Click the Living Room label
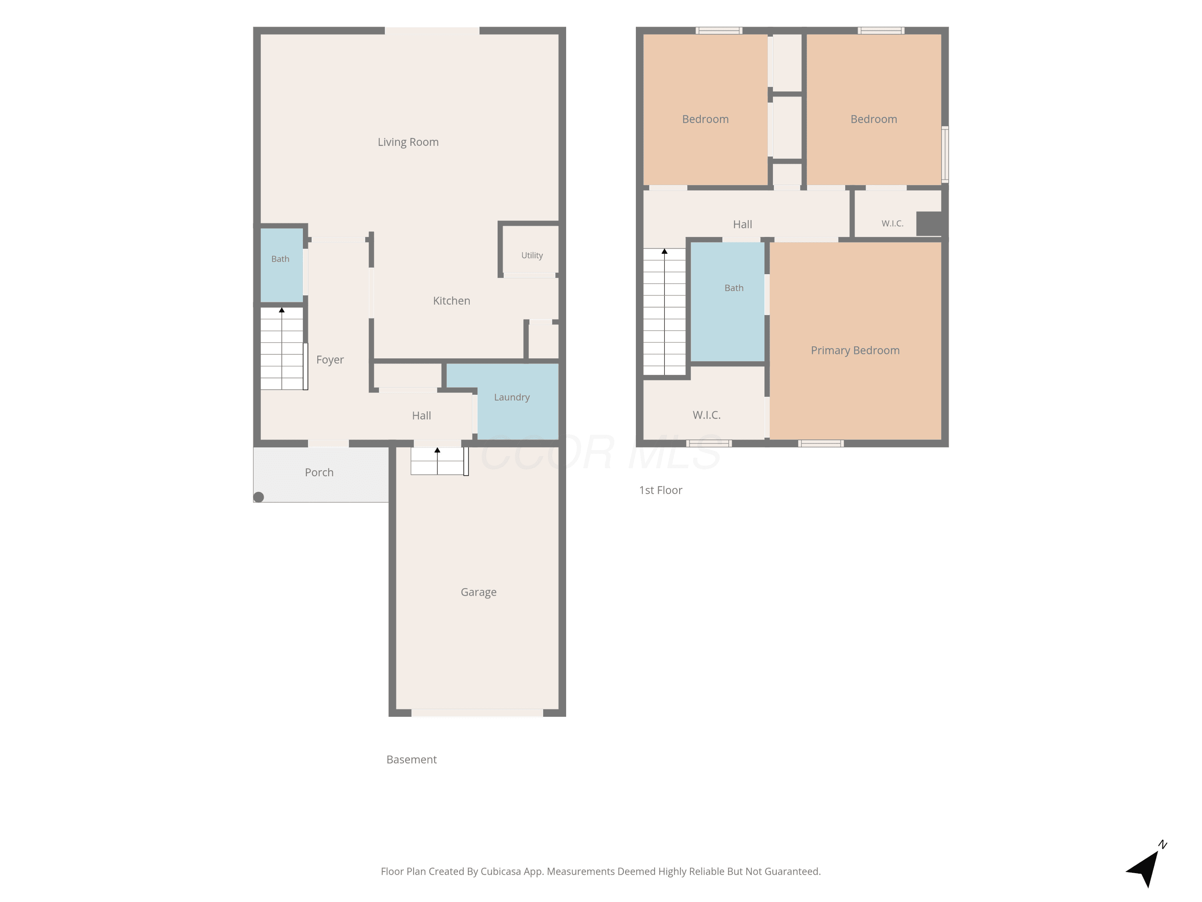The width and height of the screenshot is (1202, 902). point(408,142)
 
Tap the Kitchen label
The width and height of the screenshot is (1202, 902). point(452,301)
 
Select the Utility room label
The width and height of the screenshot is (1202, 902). point(532,255)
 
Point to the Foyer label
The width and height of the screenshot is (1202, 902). point(330,360)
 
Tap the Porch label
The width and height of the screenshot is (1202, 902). point(319,473)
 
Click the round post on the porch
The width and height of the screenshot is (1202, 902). point(259,497)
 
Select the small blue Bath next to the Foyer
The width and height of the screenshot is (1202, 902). point(282,265)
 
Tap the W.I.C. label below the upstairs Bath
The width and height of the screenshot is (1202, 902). point(706,415)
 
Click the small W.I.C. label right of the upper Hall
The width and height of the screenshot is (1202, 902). point(892,223)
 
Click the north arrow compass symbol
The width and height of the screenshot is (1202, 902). point(1145,866)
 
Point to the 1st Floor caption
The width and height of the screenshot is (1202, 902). point(661,490)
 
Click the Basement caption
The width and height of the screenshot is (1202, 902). point(411,760)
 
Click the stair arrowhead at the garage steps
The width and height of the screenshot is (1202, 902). point(438,450)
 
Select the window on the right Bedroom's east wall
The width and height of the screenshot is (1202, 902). point(945,154)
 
